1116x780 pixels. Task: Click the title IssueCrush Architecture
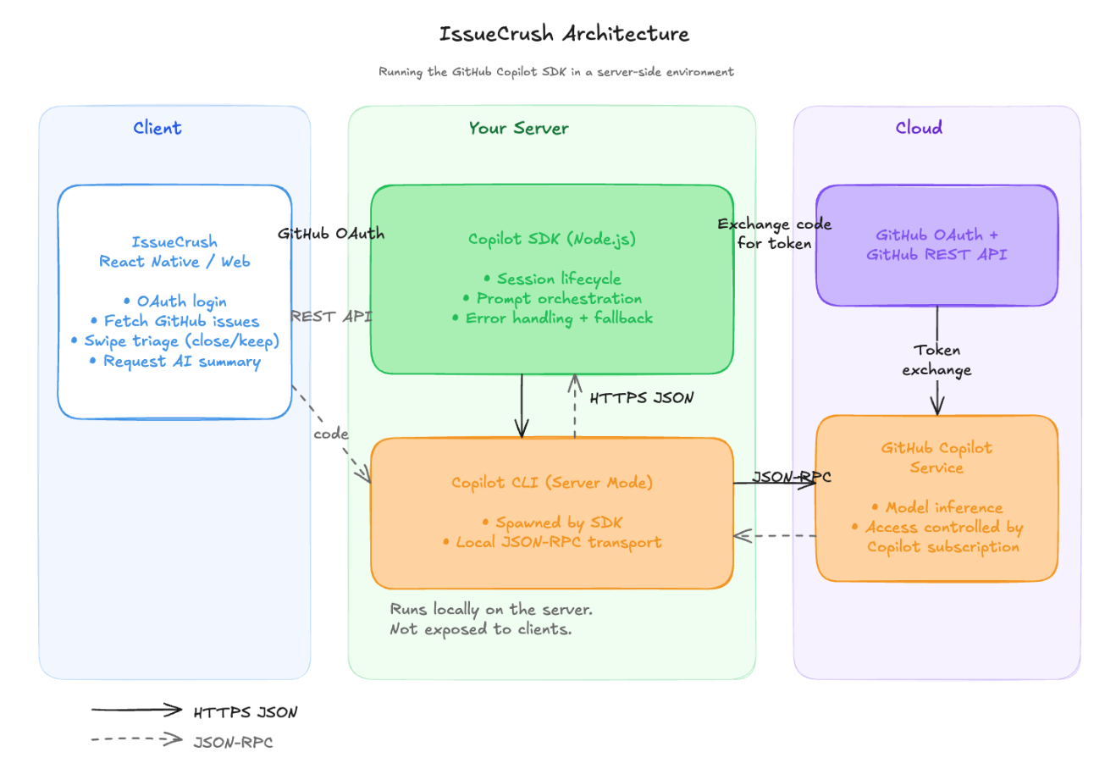tap(564, 34)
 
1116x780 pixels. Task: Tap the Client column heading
tap(157, 128)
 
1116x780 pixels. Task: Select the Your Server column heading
tap(518, 128)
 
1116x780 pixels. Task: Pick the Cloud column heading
tap(919, 128)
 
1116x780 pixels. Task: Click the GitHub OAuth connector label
tap(331, 234)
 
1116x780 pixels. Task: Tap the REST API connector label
tap(331, 316)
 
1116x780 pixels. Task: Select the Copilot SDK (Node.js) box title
tap(551, 239)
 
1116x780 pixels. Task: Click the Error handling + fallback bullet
tap(558, 318)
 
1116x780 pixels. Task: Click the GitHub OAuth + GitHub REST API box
tap(936, 245)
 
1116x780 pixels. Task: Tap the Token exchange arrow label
tap(936, 360)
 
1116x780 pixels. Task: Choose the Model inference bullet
tap(943, 507)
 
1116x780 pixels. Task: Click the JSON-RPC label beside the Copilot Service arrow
tap(792, 477)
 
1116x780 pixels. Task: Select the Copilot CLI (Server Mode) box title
tap(551, 483)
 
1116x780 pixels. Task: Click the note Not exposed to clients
tap(480, 629)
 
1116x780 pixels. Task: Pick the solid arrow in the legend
tap(136, 710)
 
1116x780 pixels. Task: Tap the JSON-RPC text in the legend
tap(233, 743)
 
